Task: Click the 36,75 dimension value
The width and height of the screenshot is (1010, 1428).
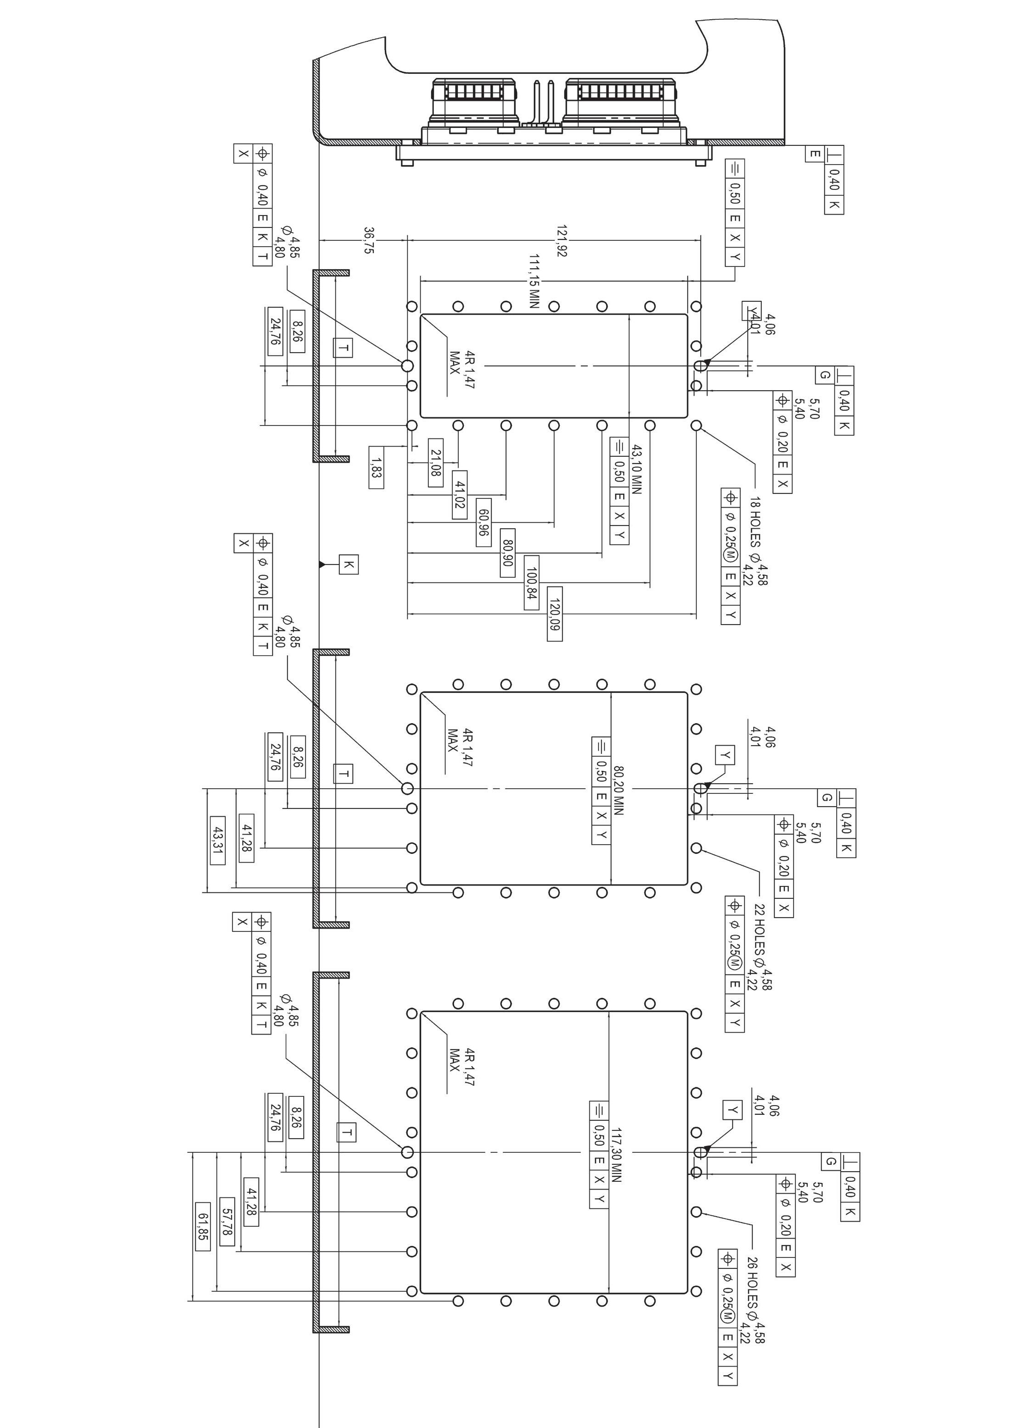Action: coord(369,240)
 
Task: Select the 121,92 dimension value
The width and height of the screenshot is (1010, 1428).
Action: coord(561,241)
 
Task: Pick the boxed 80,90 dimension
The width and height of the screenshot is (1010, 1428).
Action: coord(507,552)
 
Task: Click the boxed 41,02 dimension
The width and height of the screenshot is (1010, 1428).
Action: coord(459,494)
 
